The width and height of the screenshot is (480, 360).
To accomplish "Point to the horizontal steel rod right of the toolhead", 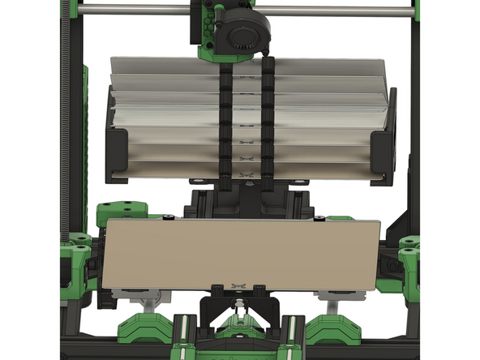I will point(341,11).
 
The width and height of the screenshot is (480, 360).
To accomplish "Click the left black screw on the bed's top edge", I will point(168,217).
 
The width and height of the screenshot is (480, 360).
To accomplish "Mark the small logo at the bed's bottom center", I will point(238,285).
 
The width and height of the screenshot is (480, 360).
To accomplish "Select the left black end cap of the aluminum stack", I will point(117,153).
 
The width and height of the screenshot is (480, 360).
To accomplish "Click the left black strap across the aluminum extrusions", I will point(226,122).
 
